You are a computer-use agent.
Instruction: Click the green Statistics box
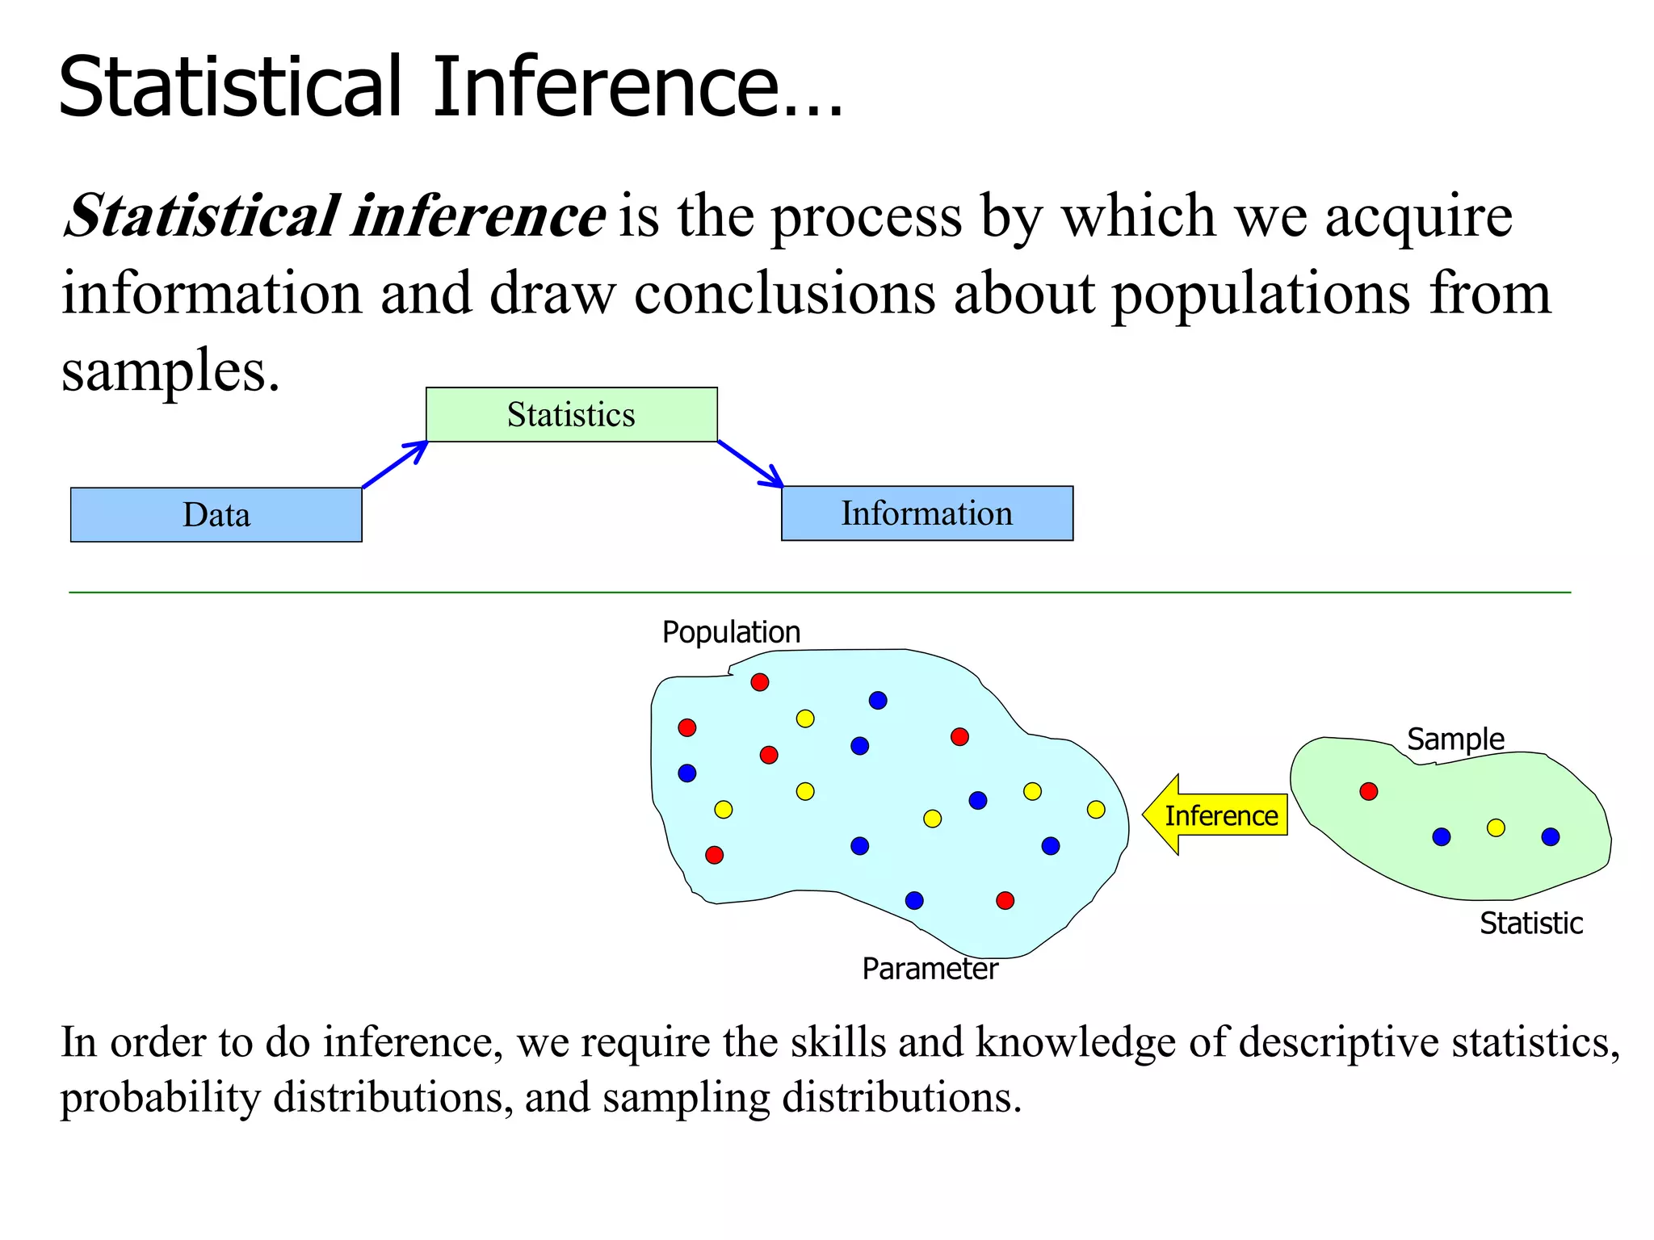pyautogui.click(x=571, y=414)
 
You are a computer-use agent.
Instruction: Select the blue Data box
pyautogui.click(x=216, y=514)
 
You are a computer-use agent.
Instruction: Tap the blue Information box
pyautogui.click(x=926, y=513)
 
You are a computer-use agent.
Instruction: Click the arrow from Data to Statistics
pyautogui.click(x=395, y=464)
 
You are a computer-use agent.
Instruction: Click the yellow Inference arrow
pyautogui.click(x=1215, y=815)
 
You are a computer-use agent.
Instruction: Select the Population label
pyautogui.click(x=731, y=632)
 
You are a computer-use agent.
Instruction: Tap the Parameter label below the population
pyautogui.click(x=930, y=969)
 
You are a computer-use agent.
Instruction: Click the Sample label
pyautogui.click(x=1455, y=739)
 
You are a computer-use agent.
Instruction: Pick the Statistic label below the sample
pyautogui.click(x=1530, y=923)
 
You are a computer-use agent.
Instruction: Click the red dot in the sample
pyautogui.click(x=1368, y=791)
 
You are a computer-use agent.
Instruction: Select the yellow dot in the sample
pyautogui.click(x=1496, y=827)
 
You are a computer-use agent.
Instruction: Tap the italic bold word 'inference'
pyautogui.click(x=479, y=216)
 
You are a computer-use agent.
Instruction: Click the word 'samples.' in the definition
pyautogui.click(x=170, y=371)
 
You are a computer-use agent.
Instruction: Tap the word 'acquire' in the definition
pyautogui.click(x=1418, y=216)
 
